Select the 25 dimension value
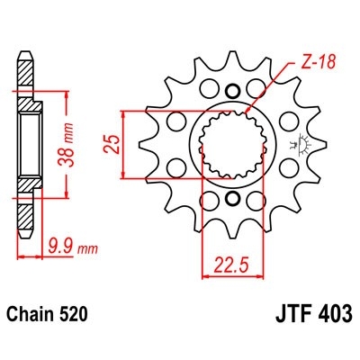pyautogui.click(x=108, y=143)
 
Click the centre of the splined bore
pyautogui.click(x=234, y=143)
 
